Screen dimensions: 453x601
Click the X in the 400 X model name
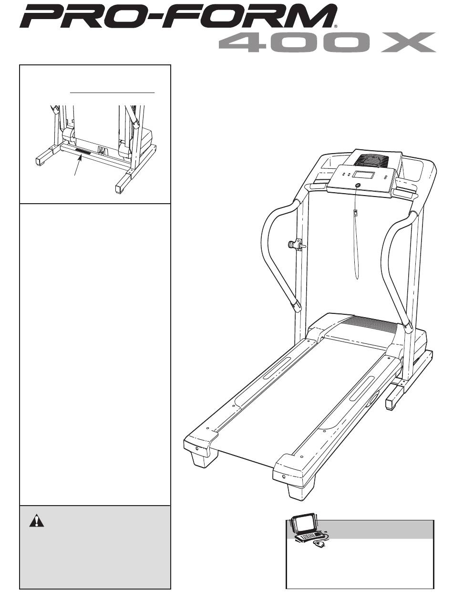click(x=407, y=43)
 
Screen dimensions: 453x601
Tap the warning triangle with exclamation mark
click(x=35, y=521)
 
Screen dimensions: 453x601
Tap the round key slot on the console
click(x=358, y=185)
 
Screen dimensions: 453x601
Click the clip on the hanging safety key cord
click(x=355, y=213)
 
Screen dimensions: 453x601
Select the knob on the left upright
click(x=292, y=245)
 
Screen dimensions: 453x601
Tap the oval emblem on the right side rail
click(x=372, y=397)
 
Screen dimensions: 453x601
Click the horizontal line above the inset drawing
click(x=113, y=91)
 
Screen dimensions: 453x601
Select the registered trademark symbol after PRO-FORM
click(x=336, y=27)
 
